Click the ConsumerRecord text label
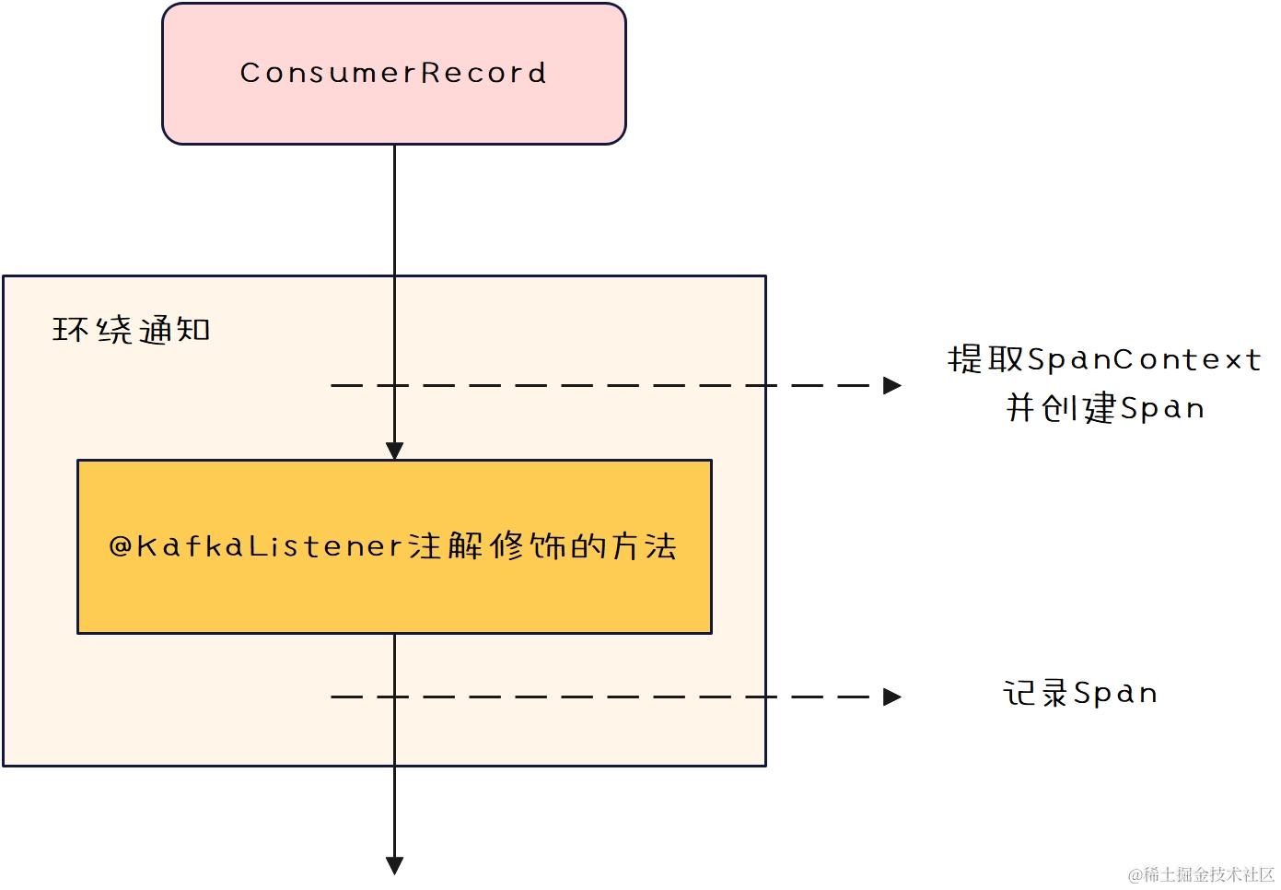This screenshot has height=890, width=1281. (x=393, y=73)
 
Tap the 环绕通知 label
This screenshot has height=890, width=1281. (x=132, y=330)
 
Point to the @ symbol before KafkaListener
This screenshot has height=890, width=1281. (x=122, y=546)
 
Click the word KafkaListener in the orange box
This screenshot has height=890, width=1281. (x=270, y=546)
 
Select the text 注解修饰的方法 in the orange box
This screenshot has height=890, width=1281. (x=543, y=546)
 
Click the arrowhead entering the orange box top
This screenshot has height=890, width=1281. (x=394, y=451)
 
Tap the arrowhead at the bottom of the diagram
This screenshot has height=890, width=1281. (x=394, y=865)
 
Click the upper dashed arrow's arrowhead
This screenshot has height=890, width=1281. (x=891, y=385)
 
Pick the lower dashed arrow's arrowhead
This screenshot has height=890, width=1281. (x=891, y=697)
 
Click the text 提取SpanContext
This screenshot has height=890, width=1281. (x=1104, y=359)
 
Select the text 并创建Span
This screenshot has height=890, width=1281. (x=1104, y=407)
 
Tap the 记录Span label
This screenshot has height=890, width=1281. (x=1080, y=693)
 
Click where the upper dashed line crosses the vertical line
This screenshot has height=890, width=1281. (x=394, y=385)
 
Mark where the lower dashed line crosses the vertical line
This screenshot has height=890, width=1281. (x=394, y=697)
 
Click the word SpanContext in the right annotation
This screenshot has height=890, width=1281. (x=1144, y=359)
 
